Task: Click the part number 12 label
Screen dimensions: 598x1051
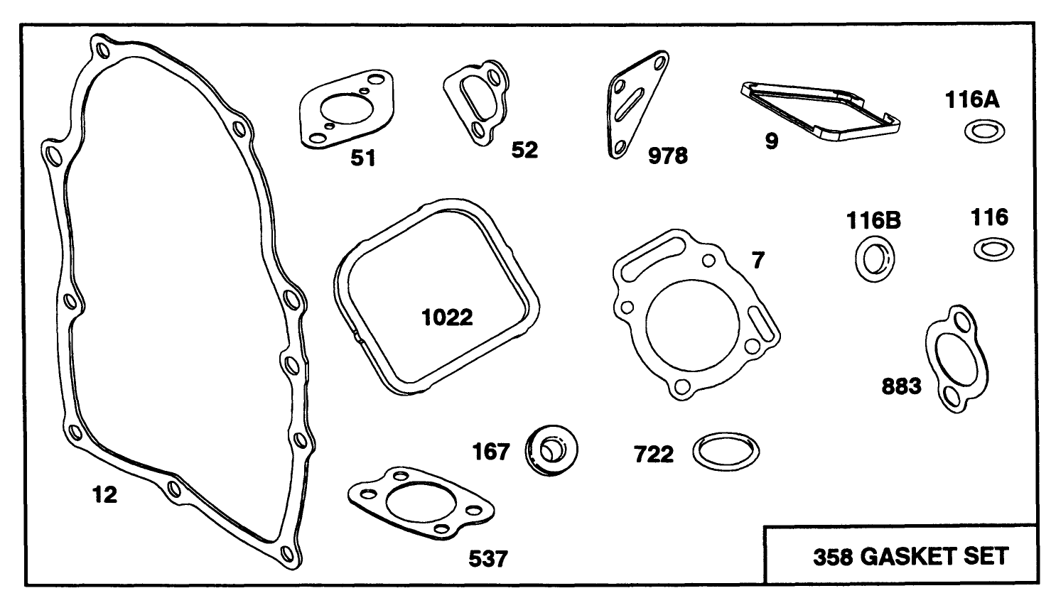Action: coord(104,494)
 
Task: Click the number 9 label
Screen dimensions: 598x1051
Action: coord(772,141)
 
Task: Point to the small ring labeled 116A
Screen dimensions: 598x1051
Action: coord(984,131)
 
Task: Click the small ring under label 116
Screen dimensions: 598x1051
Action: coord(993,249)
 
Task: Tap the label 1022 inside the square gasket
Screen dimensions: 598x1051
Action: coord(447,317)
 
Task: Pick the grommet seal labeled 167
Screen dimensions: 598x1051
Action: coord(552,450)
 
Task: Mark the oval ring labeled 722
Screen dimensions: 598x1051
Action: coord(726,452)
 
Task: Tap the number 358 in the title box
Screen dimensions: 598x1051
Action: coord(833,556)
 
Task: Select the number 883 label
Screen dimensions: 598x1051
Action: coord(901,386)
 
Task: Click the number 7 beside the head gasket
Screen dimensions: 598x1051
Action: coord(758,261)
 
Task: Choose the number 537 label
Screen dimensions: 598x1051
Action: coord(489,559)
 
